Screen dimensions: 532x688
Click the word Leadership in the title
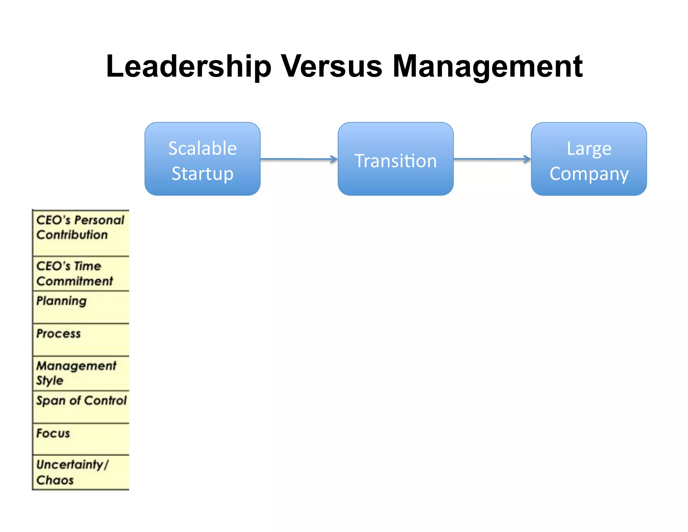(x=188, y=67)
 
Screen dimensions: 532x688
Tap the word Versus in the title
(x=331, y=67)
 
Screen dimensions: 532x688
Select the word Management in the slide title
(x=487, y=67)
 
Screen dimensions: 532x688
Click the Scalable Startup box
(x=202, y=159)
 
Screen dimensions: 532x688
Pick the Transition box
(x=395, y=159)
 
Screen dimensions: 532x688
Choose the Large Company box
(x=589, y=159)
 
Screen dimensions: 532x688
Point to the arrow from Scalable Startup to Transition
(x=299, y=159)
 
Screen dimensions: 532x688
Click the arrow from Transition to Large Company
(x=492, y=159)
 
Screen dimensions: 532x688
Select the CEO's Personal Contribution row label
(x=80, y=227)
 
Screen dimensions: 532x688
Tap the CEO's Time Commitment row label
(x=75, y=273)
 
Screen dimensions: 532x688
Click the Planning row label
(x=61, y=301)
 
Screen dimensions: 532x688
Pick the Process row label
(x=58, y=334)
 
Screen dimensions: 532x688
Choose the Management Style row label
(x=76, y=373)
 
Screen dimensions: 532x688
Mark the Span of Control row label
(x=81, y=401)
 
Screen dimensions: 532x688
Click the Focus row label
(x=53, y=433)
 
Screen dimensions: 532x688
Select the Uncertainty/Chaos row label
(x=72, y=472)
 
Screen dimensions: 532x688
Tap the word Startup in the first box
(x=202, y=174)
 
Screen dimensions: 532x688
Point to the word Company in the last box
(x=589, y=174)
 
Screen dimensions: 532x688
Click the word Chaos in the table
(x=55, y=480)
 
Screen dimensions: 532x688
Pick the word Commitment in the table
(x=75, y=281)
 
